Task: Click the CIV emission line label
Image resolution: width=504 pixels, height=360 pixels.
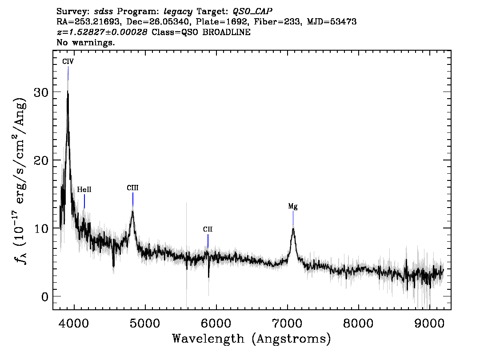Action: (x=68, y=61)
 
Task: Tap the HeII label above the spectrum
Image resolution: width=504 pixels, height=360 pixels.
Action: (x=84, y=190)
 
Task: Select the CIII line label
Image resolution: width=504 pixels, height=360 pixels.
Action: (x=132, y=188)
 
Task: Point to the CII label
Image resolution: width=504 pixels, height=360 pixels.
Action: (x=208, y=229)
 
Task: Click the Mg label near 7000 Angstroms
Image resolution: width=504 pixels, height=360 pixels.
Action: (x=293, y=206)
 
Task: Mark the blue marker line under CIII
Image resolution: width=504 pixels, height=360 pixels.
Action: (x=133, y=200)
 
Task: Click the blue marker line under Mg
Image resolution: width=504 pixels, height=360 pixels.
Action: (x=293, y=218)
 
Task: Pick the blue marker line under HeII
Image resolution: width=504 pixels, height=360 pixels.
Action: (x=84, y=201)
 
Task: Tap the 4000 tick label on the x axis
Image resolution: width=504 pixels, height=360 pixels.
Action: (x=74, y=323)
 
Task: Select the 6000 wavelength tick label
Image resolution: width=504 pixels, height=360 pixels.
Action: (x=216, y=323)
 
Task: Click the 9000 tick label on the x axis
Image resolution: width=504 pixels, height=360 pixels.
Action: (x=429, y=323)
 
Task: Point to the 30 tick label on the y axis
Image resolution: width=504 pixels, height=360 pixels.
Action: (x=41, y=92)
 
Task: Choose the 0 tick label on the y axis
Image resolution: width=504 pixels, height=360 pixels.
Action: (x=45, y=297)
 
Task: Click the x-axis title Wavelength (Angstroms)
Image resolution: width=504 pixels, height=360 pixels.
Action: (x=252, y=339)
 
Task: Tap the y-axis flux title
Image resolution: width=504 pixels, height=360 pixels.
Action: (x=20, y=180)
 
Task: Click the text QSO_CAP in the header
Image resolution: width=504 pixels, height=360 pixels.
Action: (x=252, y=12)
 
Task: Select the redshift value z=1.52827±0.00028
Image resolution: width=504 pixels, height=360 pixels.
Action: (x=102, y=32)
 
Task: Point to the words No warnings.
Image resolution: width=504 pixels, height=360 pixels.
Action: (x=85, y=42)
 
